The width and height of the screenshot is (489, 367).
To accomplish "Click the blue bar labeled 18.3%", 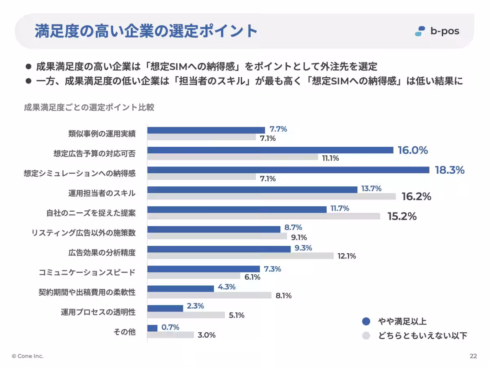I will tap(288, 170).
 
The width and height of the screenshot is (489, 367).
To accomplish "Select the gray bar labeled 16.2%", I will tap(271, 197).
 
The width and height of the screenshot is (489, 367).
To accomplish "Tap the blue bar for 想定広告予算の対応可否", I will tap(270, 150).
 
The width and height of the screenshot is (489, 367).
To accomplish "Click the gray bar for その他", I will tap(170, 335).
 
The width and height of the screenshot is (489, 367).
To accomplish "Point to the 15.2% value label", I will tap(402, 217).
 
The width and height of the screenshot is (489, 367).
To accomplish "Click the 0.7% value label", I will tap(170, 327).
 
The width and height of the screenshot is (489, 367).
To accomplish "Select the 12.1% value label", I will tap(347, 256).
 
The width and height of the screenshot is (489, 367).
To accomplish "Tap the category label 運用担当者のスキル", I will tap(102, 193).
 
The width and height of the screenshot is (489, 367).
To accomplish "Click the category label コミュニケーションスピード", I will tap(87, 272).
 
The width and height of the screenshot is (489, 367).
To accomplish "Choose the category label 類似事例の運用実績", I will tap(102, 134).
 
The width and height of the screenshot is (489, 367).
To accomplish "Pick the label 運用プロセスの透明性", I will tap(98, 312).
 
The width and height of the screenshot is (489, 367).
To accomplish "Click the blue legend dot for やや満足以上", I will tap(366, 322).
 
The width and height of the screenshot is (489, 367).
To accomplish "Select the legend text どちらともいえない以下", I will tap(423, 336).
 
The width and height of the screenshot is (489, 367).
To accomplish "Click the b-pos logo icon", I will tap(420, 31).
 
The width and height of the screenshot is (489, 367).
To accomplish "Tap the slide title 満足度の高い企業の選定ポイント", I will tap(146, 31).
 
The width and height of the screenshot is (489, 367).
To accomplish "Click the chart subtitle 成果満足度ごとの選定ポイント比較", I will tap(89, 108).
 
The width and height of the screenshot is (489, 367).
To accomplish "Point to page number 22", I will tap(473, 356).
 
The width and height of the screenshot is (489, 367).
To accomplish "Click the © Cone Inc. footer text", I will tap(28, 356).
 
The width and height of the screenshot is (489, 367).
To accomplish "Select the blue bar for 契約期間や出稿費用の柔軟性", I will tap(181, 288).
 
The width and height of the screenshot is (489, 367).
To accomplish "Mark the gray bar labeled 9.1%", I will tap(217, 236).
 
